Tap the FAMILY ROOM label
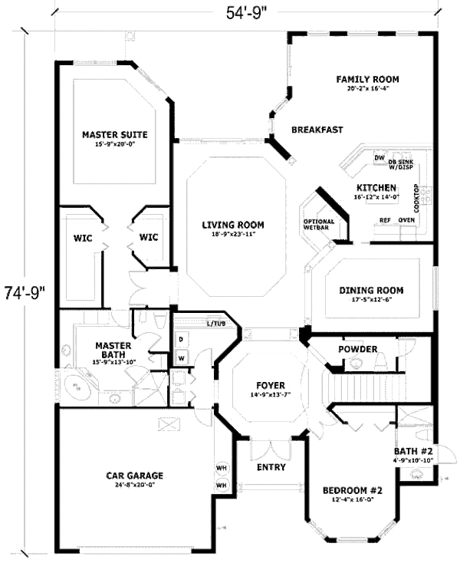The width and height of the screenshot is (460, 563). point(369,79)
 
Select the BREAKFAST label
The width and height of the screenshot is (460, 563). point(317,130)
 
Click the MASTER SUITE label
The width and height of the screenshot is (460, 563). point(114,135)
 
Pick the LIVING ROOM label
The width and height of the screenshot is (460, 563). point(233,225)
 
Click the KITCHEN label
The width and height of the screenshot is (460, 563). point(376,188)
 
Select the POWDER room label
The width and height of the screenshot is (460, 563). point(357,350)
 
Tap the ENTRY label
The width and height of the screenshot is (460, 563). point(271,467)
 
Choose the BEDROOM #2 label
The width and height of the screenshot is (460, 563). point(352,490)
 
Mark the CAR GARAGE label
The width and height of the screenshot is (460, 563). point(134,476)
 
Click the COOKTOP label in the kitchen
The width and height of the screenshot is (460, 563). point(417,198)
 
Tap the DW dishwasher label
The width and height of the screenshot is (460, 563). point(379,158)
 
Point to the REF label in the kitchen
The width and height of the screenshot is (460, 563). point(386,220)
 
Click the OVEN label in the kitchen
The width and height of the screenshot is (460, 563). point(406,220)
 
